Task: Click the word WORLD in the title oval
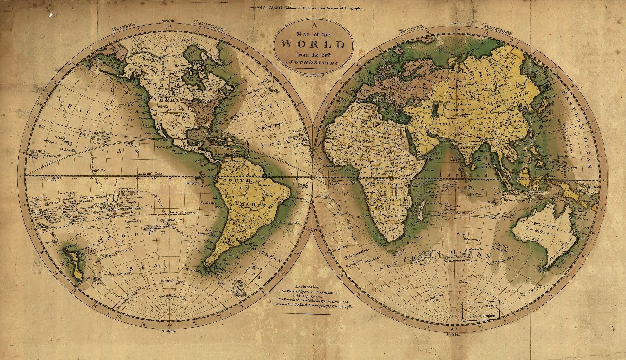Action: [313, 44]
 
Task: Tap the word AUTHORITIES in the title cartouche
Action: [313, 62]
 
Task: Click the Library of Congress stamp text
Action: [481, 316]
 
